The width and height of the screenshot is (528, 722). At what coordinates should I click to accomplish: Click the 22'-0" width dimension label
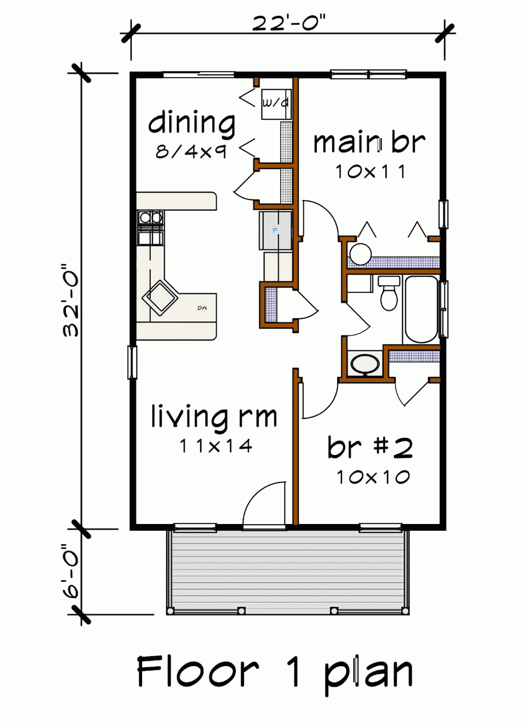(x=289, y=23)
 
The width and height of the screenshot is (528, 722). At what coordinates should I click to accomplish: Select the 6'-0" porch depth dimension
(x=70, y=571)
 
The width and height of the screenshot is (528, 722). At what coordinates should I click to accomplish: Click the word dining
(x=192, y=123)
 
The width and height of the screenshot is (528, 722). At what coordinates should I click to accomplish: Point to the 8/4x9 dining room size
(x=191, y=152)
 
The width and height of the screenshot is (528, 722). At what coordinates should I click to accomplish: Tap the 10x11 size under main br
(x=370, y=172)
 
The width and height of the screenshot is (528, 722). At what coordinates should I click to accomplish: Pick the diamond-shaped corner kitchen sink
(x=160, y=298)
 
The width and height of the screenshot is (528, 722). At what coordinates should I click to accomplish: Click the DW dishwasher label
(x=202, y=308)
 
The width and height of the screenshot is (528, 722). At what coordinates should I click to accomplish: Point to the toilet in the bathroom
(x=389, y=293)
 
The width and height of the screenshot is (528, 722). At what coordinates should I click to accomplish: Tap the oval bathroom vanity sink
(x=365, y=364)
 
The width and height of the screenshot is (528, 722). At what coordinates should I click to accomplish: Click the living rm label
(x=214, y=416)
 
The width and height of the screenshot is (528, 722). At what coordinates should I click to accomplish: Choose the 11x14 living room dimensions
(x=216, y=446)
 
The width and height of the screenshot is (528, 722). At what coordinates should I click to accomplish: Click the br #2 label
(x=370, y=447)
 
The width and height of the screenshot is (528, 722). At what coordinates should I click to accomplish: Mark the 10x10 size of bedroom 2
(x=373, y=477)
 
